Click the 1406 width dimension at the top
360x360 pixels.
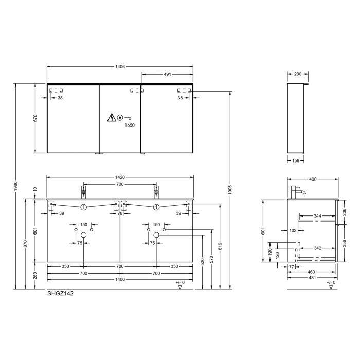click(120, 67)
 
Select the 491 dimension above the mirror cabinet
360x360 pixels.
click(167, 75)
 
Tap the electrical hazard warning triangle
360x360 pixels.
click(111, 118)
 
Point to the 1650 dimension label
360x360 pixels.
click(129, 125)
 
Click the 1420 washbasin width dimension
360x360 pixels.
click(120, 177)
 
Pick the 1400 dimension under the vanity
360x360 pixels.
click(120, 280)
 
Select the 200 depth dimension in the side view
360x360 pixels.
click(298, 74)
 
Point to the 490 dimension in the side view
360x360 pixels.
click(313, 179)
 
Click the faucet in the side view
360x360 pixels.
click(297, 191)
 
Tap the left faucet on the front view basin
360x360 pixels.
click(83, 191)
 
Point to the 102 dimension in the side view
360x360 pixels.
click(293, 231)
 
